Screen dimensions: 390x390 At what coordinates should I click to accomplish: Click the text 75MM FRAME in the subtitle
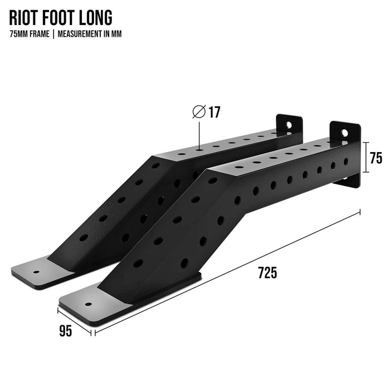pos(30,34)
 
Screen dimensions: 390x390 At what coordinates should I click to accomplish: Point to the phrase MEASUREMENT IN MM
pos(90,34)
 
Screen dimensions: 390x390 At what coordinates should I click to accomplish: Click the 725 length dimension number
pos(267,272)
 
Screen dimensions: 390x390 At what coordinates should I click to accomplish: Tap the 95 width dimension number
pos(66,331)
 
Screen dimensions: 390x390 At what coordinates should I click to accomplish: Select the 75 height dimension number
pos(376,158)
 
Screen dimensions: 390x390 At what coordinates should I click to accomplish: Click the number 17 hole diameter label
pos(214,112)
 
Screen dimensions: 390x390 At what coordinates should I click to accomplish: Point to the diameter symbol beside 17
pos(199,111)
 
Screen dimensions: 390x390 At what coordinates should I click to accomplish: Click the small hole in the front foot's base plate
pos(88,304)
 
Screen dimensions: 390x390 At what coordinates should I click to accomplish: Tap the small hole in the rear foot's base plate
pos(36,272)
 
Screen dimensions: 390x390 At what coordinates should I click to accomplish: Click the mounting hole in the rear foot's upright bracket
pos(289,125)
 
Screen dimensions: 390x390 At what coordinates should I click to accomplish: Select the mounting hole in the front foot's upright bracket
pos(345,133)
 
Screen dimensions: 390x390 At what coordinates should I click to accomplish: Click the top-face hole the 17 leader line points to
pos(199,150)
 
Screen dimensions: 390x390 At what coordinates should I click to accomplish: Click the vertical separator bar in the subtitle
pos(53,34)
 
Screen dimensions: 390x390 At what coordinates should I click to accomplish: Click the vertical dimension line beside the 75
pos(365,157)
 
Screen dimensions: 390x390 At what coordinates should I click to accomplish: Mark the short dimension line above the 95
pos(74,322)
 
